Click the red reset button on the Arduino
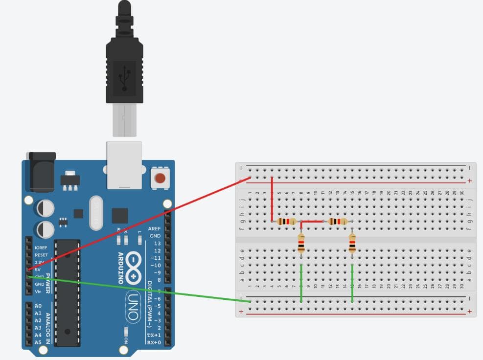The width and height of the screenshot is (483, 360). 160,178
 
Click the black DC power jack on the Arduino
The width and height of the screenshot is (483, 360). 42,172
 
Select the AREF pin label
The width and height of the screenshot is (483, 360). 154,228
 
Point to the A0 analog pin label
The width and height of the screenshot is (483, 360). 38,306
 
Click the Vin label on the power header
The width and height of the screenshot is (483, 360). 38,292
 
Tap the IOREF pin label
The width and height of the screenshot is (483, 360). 41,247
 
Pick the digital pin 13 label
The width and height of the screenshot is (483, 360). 157,243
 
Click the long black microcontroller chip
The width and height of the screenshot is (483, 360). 67,292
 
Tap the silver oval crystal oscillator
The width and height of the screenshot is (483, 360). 96,213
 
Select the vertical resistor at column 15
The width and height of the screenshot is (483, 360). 352,243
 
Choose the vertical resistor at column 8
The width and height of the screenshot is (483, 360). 301,243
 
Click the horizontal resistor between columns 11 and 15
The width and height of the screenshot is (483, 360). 338,222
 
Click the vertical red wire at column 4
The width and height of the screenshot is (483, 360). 272,200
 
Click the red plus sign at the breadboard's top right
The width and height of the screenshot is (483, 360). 470,181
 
